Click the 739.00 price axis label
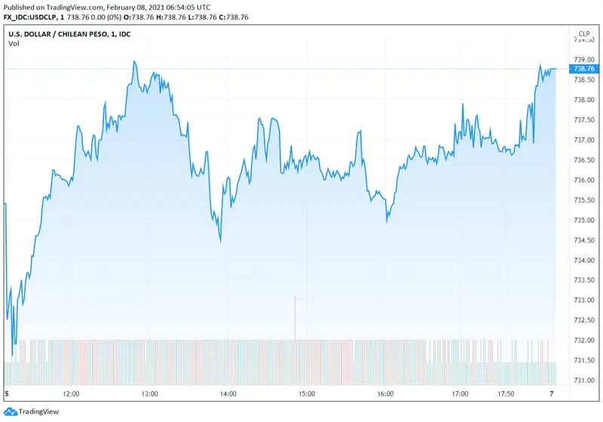pos(583,60)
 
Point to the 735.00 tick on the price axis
pos(583,220)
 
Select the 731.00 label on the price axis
pos(583,380)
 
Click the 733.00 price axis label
pos(583,300)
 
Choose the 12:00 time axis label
pos(72,394)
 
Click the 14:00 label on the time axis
pos(228,394)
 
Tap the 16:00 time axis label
pos(384,394)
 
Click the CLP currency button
pos(584,34)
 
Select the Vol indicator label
pos(14,44)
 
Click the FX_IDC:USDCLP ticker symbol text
pos(32,17)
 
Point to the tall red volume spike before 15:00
pos(295,316)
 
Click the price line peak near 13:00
pos(134,62)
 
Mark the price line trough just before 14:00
pos(220,241)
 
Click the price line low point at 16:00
pos(387,221)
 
